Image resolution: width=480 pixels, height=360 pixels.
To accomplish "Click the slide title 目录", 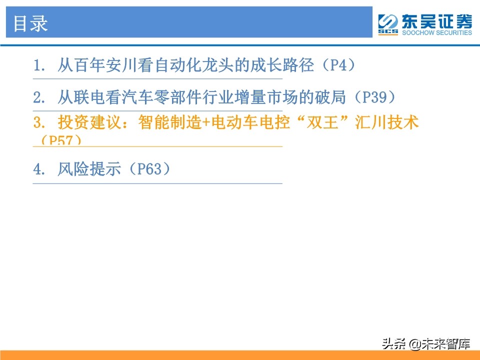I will (x=30, y=23).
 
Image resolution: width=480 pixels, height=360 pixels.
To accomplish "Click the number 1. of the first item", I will (x=39, y=66).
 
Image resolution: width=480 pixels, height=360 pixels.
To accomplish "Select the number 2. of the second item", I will (x=39, y=97).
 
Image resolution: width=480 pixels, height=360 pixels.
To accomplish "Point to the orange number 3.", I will (x=39, y=123).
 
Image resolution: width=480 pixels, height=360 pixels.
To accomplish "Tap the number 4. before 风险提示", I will (x=39, y=170).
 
